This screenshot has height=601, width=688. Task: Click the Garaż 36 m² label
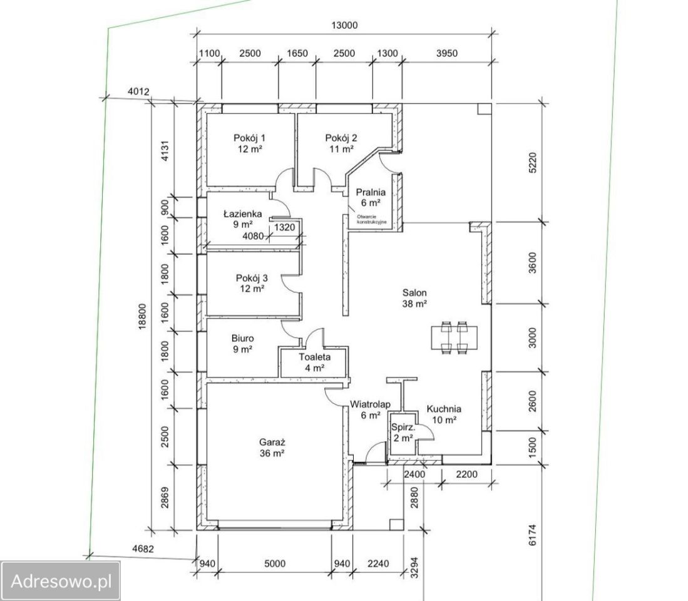pos(272,448)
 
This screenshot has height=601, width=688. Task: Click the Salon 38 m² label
pos(414,298)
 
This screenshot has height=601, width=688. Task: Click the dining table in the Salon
pos(454,337)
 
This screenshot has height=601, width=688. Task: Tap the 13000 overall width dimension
pos(344,25)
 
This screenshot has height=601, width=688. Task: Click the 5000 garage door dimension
pos(275,563)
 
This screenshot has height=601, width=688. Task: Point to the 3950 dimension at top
pos(447,53)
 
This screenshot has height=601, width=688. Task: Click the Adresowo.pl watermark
pos(61,581)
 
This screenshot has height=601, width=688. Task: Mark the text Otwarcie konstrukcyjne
pos(372,219)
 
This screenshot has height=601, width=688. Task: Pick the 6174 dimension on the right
pos(532,535)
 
